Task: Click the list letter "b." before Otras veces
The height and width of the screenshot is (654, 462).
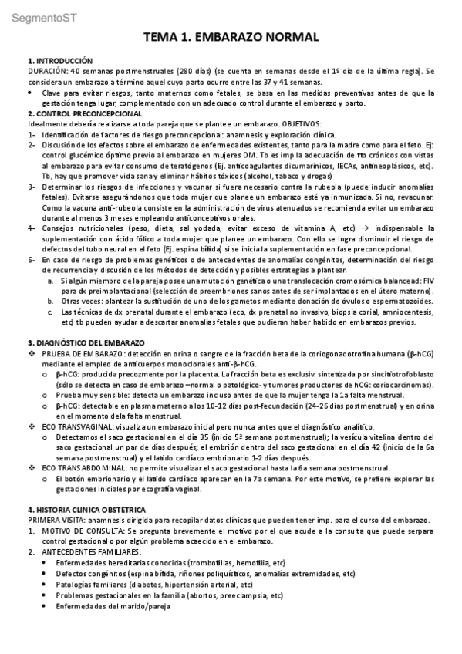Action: tap(51, 302)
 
